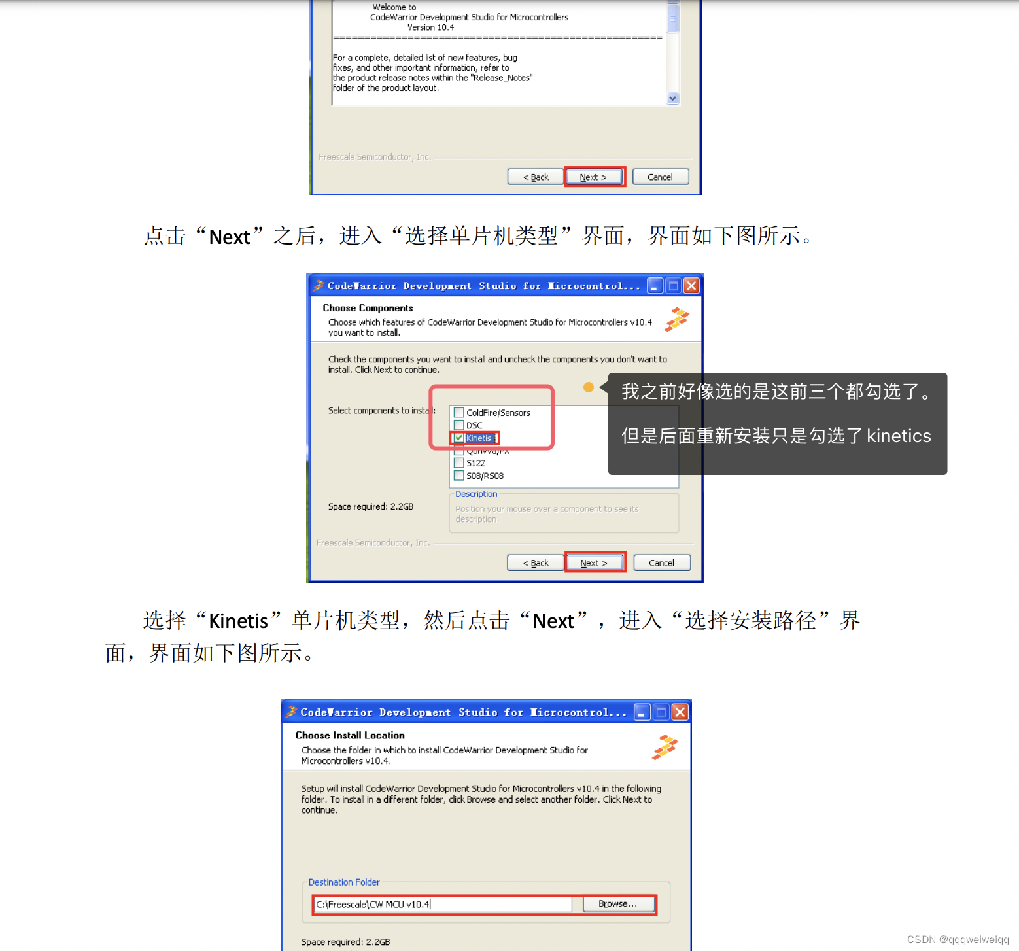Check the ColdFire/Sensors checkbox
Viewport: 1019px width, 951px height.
pyautogui.click(x=459, y=413)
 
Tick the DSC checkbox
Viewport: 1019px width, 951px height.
pyautogui.click(x=459, y=425)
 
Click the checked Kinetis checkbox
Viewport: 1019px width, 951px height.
pyautogui.click(x=459, y=438)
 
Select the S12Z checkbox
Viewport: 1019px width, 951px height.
pyautogui.click(x=459, y=463)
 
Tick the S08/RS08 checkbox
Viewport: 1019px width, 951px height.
pyautogui.click(x=459, y=475)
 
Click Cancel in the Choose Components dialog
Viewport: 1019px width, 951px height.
pyautogui.click(x=661, y=563)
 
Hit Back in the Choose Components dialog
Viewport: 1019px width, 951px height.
pyautogui.click(x=536, y=563)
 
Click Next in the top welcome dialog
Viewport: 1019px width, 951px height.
pyautogui.click(x=593, y=177)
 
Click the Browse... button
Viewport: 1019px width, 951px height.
pyautogui.click(x=618, y=904)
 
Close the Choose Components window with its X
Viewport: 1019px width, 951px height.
pyautogui.click(x=691, y=286)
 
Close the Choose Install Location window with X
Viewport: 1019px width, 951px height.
pyautogui.click(x=680, y=712)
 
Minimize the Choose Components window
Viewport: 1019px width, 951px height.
pyautogui.click(x=655, y=286)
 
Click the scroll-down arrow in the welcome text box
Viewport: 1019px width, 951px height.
pyautogui.click(x=672, y=99)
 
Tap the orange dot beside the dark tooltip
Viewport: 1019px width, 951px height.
pyautogui.click(x=589, y=387)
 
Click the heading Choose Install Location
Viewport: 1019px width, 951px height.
pyautogui.click(x=350, y=735)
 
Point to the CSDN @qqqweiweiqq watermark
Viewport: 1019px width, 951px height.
pyautogui.click(x=958, y=939)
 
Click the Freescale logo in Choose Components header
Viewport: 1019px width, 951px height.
pyautogui.click(x=677, y=319)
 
